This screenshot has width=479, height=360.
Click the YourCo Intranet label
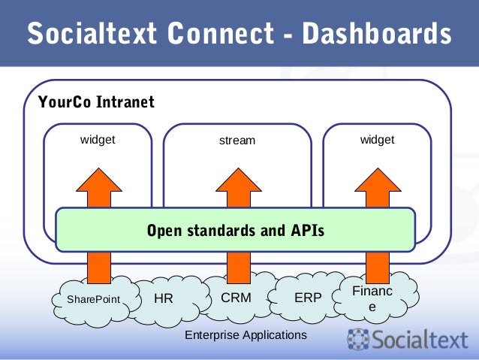click(97, 102)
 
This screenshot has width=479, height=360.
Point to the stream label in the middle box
click(237, 141)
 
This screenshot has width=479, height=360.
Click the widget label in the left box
click(98, 140)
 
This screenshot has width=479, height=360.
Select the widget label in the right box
click(377, 140)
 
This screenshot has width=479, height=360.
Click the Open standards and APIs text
click(236, 231)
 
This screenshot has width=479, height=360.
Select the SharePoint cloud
click(92, 300)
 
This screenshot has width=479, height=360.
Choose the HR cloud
click(164, 298)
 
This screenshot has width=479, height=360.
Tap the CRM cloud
click(236, 298)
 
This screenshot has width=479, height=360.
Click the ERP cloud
click(308, 298)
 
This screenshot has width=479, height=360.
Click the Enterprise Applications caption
click(246, 334)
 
